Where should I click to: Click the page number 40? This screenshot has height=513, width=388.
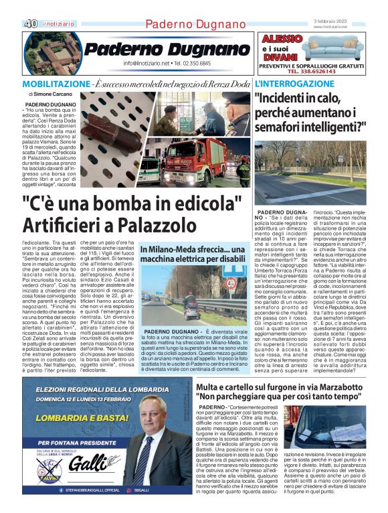(31, 23)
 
